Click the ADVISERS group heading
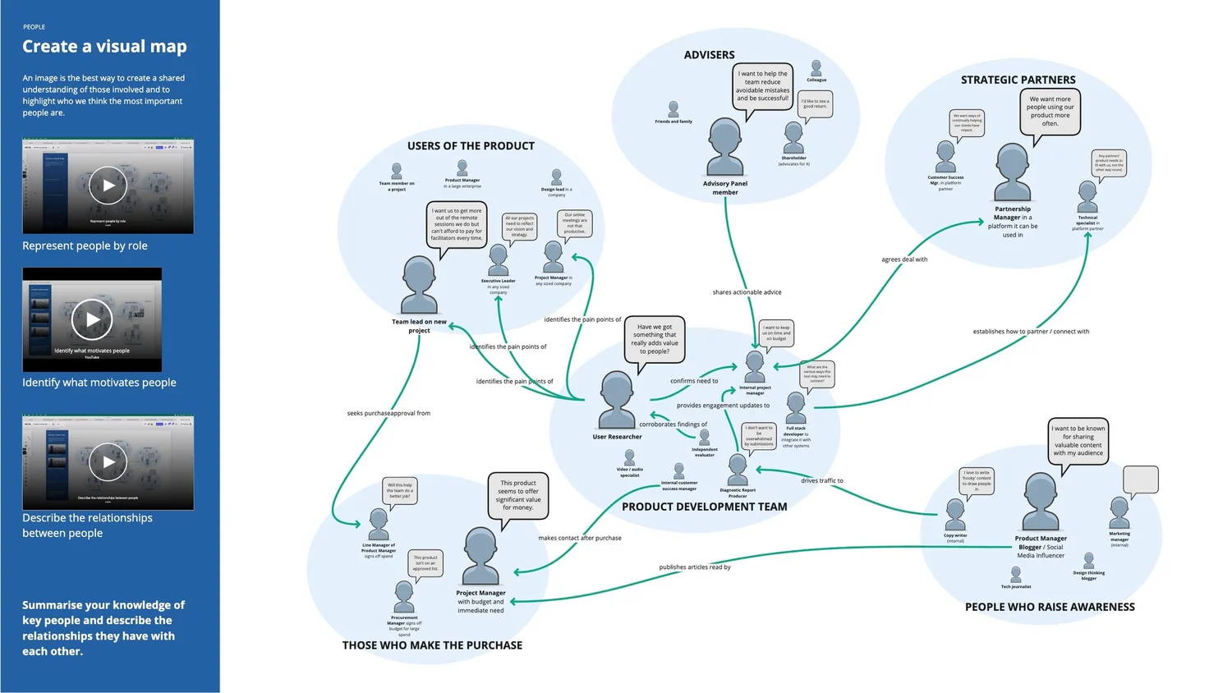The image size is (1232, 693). pos(709,55)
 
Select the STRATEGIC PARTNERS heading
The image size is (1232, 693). pos(1018,80)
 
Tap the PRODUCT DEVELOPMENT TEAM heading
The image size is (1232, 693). pos(704,507)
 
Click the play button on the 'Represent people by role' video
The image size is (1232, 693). pos(108,186)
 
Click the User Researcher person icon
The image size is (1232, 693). pos(617,399)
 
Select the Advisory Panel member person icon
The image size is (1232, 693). pos(725,147)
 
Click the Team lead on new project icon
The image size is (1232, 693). pos(419,284)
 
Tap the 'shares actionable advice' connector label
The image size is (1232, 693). pos(747,292)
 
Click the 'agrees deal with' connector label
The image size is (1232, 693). pos(904,259)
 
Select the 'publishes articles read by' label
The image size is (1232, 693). pos(694,567)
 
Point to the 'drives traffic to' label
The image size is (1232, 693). pos(821,481)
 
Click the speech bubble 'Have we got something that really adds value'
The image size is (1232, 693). pos(655,338)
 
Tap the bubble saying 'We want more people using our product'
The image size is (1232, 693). pos(1050,111)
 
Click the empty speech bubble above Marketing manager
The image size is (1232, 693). pos(1140,480)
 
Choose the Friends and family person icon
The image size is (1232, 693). pos(673,109)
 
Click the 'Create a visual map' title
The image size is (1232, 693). pos(104,47)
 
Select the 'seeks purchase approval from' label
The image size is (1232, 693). pos(388,414)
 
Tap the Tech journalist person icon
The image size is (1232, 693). pos(1016,574)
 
